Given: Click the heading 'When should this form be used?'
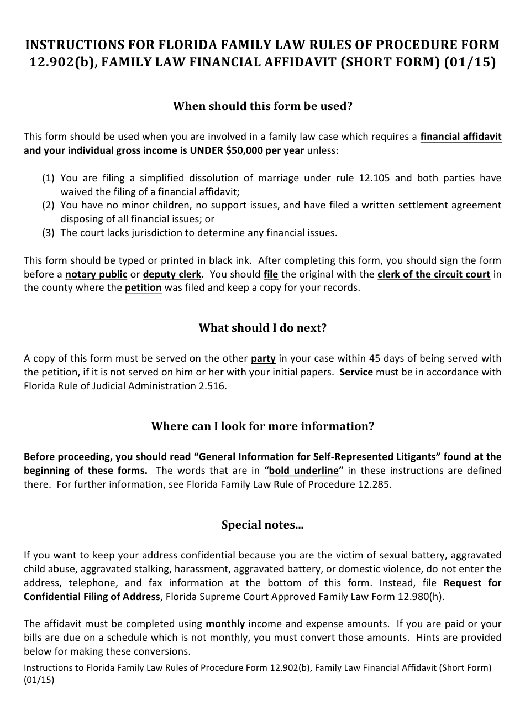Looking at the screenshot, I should tap(262, 106).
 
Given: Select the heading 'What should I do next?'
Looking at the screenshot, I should tap(262, 328).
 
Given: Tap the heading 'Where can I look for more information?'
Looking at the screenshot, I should tap(262, 426).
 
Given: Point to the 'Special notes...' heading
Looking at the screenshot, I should tap(262, 525).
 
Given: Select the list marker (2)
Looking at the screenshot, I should tap(49, 205).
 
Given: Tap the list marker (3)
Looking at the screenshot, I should tap(49, 233).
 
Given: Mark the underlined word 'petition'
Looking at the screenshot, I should tap(143, 288).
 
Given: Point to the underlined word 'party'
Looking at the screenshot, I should tap(263, 358).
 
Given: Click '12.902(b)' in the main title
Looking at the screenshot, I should tap(60, 62).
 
